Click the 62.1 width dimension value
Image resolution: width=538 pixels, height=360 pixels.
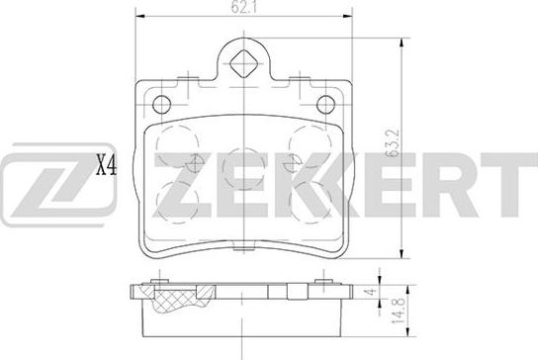244,8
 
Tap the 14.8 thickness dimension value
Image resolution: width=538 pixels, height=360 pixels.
398,312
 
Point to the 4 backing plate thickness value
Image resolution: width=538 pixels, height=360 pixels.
371,293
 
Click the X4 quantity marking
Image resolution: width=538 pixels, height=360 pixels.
106,166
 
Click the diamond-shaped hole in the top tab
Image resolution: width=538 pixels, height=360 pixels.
243,63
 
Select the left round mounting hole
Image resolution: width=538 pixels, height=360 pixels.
161,104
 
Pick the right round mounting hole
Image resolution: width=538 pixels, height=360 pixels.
325,104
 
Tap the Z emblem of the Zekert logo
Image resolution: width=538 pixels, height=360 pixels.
57,185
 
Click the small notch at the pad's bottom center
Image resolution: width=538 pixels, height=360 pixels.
243,248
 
